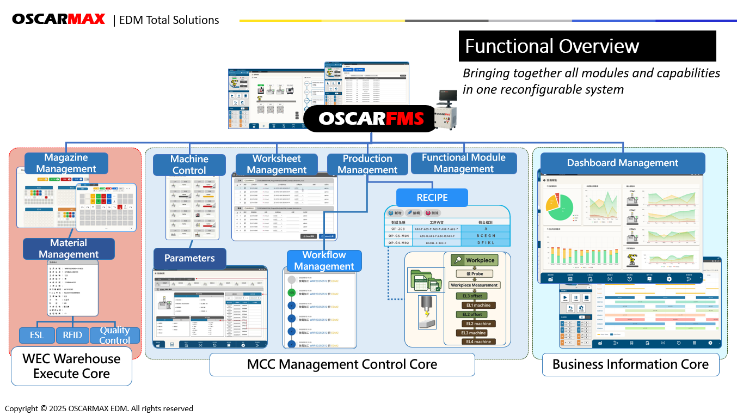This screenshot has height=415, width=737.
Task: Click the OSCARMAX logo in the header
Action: coord(59,19)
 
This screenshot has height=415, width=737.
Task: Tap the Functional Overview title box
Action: coord(587,46)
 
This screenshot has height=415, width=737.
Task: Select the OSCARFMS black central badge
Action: coord(371,119)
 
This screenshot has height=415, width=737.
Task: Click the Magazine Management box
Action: coord(66,163)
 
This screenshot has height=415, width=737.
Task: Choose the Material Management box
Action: coord(69,248)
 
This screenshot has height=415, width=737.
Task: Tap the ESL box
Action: coord(36,335)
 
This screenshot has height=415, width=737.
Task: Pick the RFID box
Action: coord(72,335)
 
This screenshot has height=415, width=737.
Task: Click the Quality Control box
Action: coord(115,335)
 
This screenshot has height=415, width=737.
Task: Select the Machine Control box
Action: coord(189,164)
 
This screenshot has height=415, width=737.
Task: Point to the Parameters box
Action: coord(189,258)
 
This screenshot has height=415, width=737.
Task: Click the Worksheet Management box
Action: coord(277,164)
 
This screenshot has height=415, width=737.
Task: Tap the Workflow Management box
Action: coord(324,260)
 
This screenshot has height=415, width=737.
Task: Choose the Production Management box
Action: coord(367,164)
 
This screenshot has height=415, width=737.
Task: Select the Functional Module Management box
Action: coord(464,163)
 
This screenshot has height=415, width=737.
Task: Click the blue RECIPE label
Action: coord(432,197)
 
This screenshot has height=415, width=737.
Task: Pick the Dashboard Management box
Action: coord(622,163)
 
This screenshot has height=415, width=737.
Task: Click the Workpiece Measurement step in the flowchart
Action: coord(474,285)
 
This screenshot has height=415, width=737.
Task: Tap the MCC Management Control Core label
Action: coord(342,364)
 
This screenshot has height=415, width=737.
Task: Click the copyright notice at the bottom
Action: coord(99,408)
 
